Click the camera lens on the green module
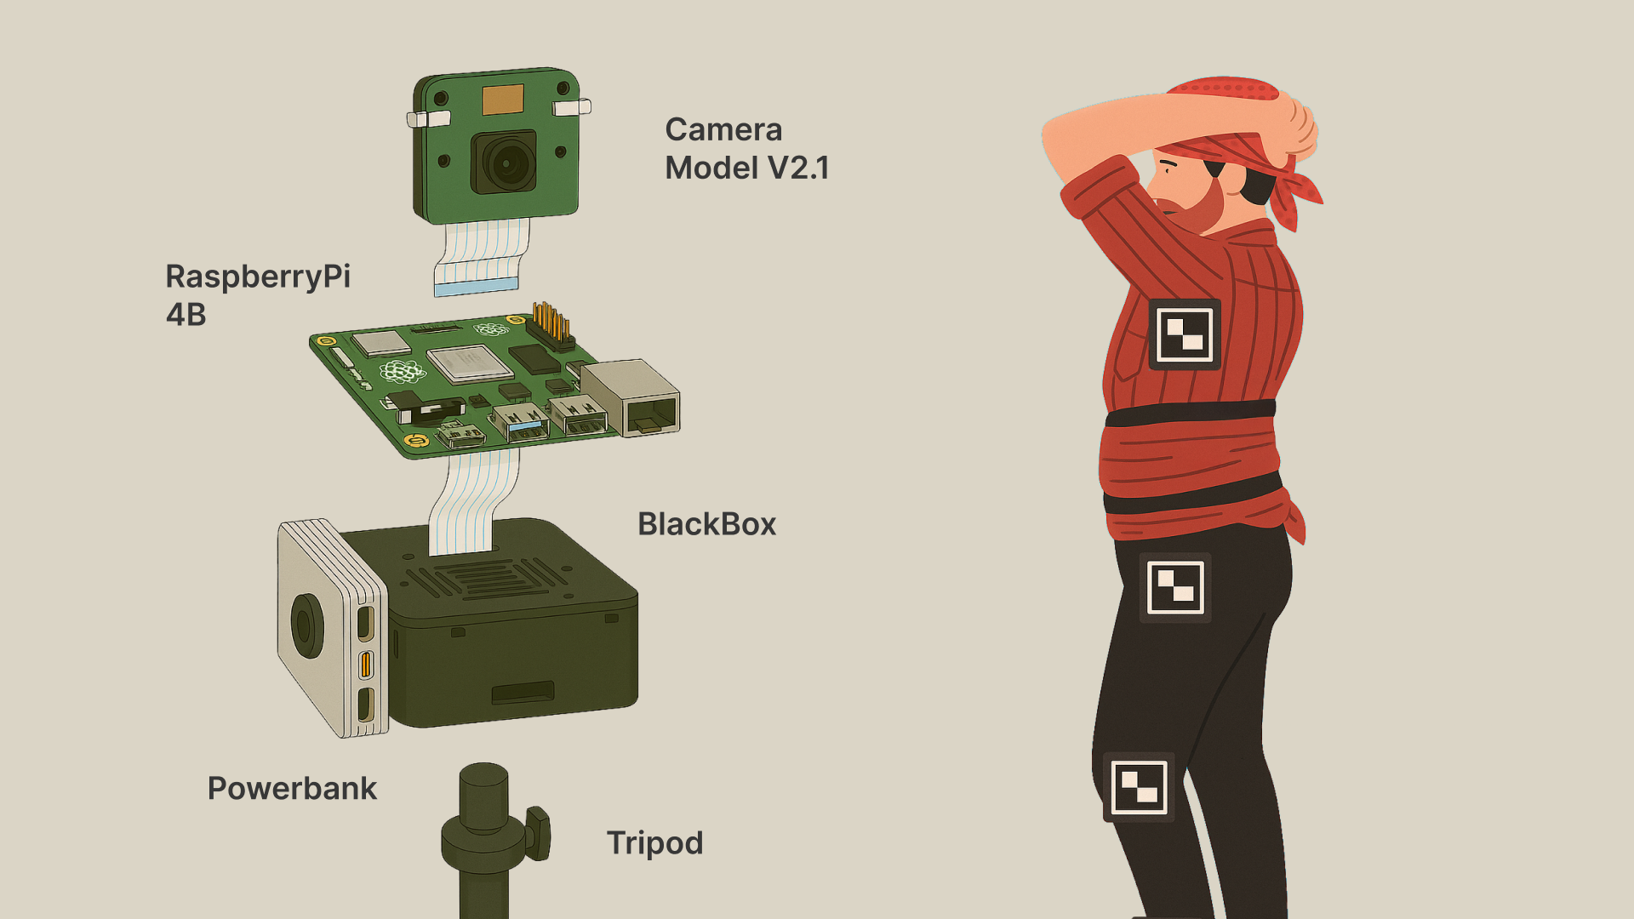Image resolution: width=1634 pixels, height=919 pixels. pos(505,162)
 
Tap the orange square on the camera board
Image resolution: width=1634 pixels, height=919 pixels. pos(503,100)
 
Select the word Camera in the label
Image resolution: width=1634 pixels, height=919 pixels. pos(723,129)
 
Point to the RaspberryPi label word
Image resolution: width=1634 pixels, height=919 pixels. pos(258,277)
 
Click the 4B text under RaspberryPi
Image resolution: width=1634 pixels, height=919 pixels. pos(186,315)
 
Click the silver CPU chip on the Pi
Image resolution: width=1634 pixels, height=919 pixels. pos(470,363)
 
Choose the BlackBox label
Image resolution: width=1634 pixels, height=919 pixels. pos(707,524)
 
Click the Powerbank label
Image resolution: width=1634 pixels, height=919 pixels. pos(292,789)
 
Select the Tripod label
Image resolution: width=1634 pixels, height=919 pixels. pos(654,843)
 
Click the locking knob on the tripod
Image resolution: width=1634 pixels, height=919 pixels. pos(539,833)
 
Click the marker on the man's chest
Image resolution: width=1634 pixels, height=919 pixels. pos(1185,334)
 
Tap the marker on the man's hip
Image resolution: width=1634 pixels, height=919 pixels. pos(1175,587)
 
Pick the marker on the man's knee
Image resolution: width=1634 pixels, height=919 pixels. pos(1139,787)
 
